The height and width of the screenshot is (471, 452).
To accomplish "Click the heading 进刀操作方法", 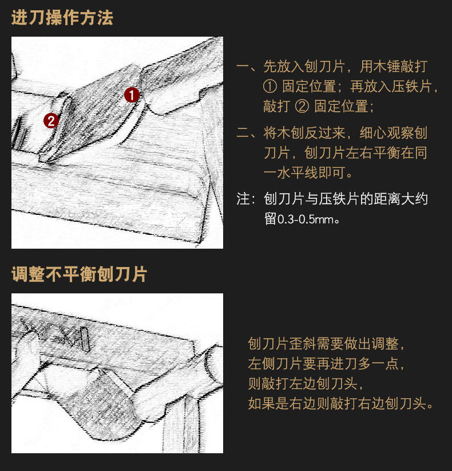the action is coord(62,18).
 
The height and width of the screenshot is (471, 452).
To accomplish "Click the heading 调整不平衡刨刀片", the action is coord(79,274).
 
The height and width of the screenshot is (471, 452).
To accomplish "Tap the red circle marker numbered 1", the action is coord(132,95).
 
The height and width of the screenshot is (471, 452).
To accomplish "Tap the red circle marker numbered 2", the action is coord(51,121).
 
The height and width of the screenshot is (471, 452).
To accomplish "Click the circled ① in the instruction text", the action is coord(270,87).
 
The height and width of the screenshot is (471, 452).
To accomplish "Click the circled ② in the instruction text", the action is coord(302,107).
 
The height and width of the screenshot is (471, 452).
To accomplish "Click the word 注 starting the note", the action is coord(243,199).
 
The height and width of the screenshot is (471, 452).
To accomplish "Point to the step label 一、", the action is coord(247,66).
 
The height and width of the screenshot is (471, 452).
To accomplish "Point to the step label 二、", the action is coord(247,133).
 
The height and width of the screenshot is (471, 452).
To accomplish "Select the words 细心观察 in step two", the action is coord(387,133).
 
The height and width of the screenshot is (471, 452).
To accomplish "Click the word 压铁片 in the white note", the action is coord(339,199).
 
